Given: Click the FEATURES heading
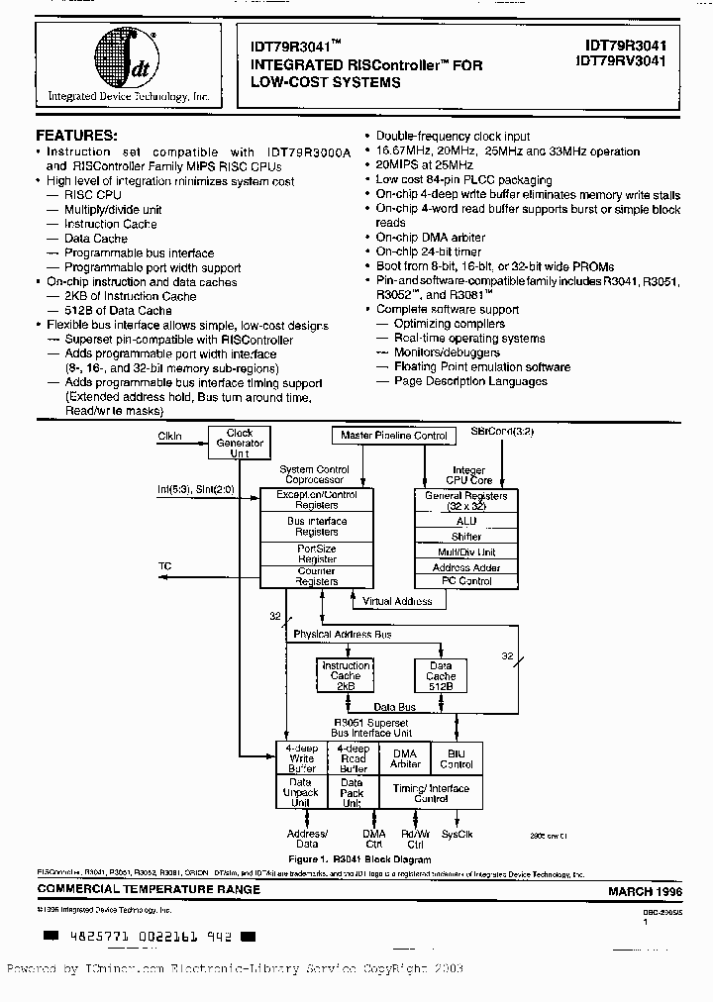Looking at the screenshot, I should [76, 135].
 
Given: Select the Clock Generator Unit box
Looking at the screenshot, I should [240, 443].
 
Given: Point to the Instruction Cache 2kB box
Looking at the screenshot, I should [346, 676].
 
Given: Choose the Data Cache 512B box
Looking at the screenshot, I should [441, 676].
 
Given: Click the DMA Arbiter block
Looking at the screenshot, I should [405, 758].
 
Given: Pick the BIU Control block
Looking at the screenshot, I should [457, 758].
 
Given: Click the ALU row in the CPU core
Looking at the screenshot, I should [465, 521].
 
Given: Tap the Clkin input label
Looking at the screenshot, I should [170, 436].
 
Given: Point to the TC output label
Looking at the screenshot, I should [165, 566].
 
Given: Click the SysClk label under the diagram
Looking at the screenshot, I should [457, 835].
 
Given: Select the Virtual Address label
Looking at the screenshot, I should [397, 601].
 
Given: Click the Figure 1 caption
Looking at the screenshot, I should [359, 859].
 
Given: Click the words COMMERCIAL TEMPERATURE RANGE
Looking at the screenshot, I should [149, 890].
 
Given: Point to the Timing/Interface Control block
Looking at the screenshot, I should [431, 792].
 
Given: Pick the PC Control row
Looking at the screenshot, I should [465, 581].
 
